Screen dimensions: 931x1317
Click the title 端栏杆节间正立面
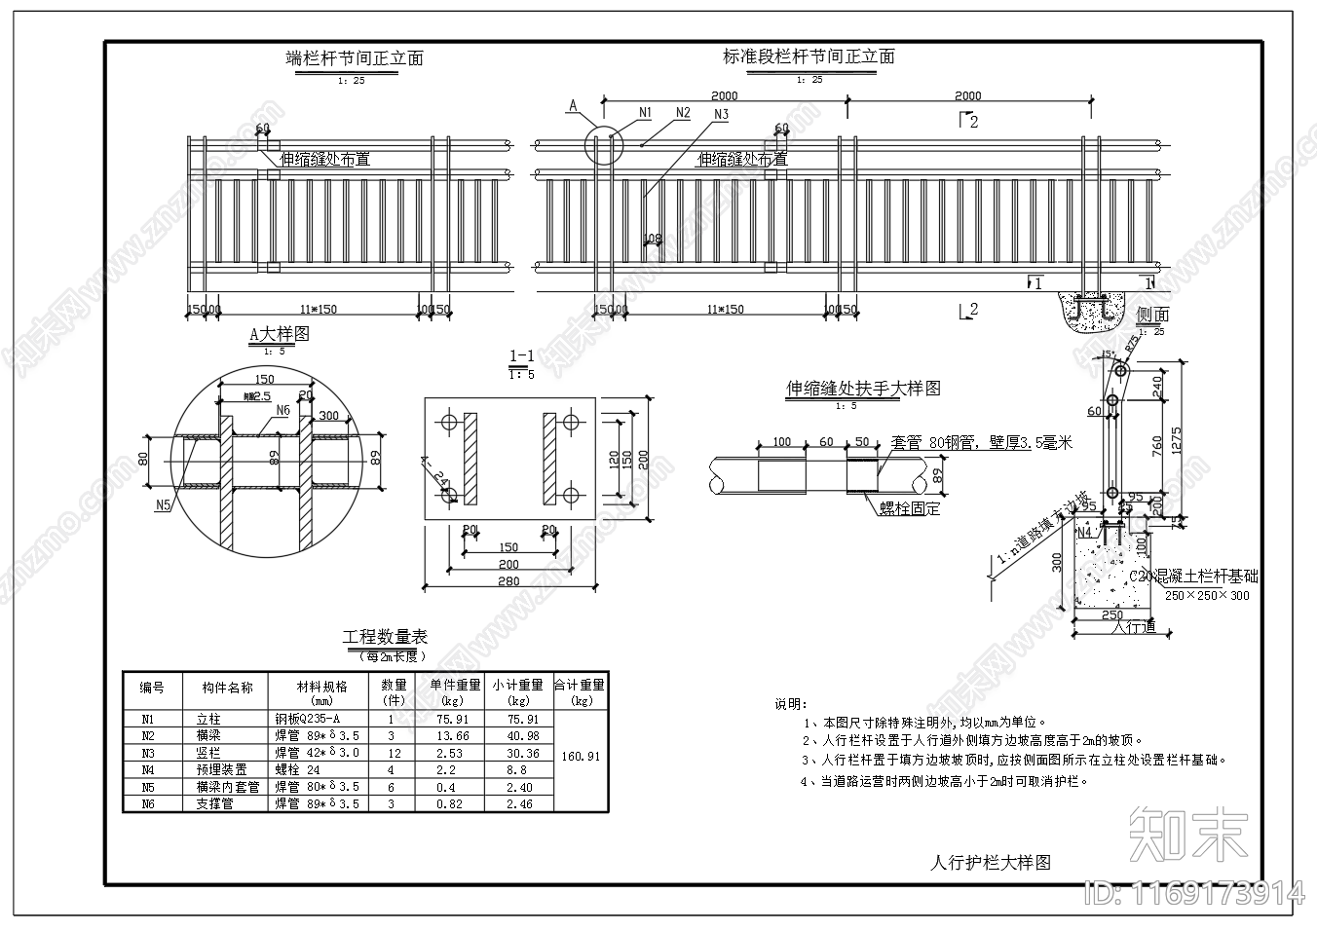click(x=355, y=58)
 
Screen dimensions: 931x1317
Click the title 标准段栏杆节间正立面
click(x=809, y=56)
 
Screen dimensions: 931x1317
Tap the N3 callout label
click(x=721, y=115)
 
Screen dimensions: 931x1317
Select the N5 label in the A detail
click(x=163, y=504)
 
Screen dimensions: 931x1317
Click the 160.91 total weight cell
click(x=582, y=756)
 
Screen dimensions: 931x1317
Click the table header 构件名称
click(x=227, y=688)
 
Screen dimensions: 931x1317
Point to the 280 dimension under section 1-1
click(x=508, y=581)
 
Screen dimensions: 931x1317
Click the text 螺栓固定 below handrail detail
click(x=910, y=507)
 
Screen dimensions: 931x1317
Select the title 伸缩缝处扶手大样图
click(x=863, y=389)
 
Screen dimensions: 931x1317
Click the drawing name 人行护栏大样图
click(x=991, y=862)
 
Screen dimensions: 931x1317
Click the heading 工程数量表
click(x=385, y=637)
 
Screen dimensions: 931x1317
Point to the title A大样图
click(x=279, y=334)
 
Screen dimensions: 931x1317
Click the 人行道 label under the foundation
click(x=1134, y=626)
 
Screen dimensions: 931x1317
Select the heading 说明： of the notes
click(x=790, y=703)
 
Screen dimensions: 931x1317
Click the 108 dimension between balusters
click(x=653, y=239)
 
